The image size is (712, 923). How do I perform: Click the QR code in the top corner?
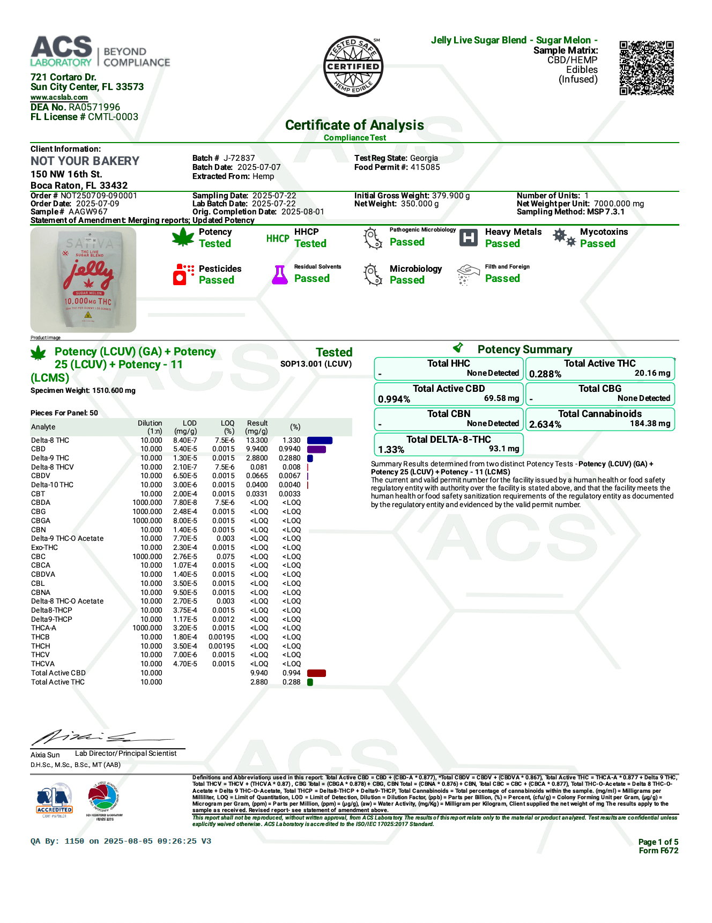click(646, 68)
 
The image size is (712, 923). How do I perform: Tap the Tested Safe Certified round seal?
click(353, 66)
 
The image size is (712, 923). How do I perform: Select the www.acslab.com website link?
click(59, 98)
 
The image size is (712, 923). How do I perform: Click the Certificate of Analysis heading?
click(354, 125)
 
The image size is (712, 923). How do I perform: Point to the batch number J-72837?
click(239, 158)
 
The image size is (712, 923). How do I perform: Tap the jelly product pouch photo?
click(84, 279)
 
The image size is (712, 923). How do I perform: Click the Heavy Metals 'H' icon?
click(469, 238)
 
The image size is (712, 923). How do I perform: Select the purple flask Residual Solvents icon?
click(279, 274)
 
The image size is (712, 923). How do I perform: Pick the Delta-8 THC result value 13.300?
click(257, 440)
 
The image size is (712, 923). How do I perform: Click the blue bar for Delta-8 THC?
click(320, 441)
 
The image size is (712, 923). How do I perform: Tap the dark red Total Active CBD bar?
click(316, 673)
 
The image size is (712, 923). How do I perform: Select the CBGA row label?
click(41, 520)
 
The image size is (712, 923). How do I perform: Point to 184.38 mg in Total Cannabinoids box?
click(650, 423)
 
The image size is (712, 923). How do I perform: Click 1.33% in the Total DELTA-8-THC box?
click(391, 450)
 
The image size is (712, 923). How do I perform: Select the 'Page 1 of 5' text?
click(658, 842)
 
